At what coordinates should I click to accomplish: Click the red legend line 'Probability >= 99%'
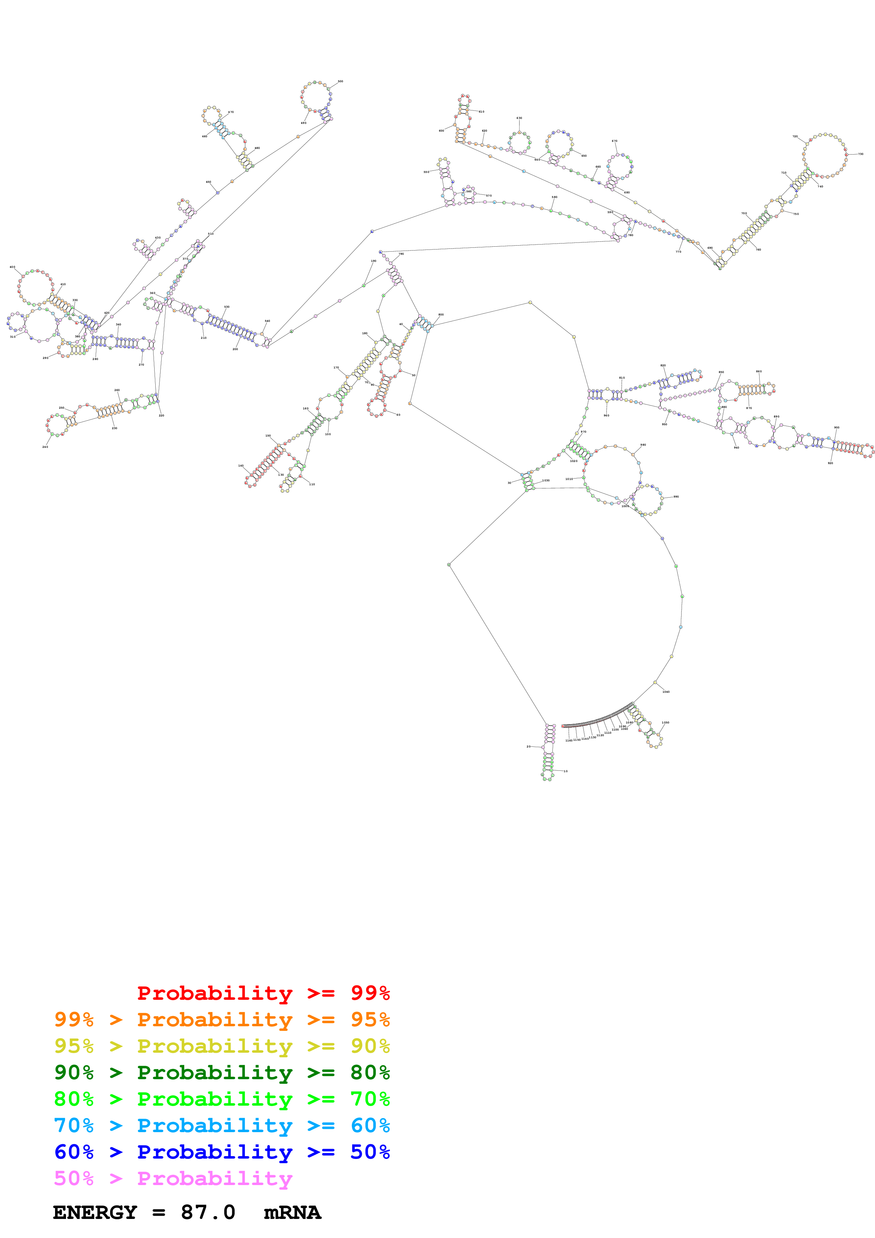(263, 993)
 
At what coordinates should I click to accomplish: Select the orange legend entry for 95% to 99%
(222, 1020)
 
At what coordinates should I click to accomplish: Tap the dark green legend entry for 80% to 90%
(222, 1072)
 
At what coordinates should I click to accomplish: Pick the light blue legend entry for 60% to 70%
(222, 1125)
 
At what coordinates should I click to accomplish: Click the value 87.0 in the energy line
(208, 1213)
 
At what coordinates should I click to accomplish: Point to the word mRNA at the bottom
(292, 1213)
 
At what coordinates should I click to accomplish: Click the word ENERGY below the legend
(95, 1213)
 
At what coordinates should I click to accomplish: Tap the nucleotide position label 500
(340, 82)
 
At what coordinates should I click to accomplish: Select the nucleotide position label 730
(861, 154)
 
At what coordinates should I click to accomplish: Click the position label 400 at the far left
(12, 267)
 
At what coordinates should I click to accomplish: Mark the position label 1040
(666, 692)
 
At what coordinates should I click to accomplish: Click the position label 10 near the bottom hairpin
(565, 771)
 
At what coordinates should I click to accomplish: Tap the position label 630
(519, 118)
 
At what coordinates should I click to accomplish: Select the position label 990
(676, 497)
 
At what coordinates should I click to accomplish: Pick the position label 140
(241, 466)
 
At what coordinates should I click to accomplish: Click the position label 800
(441, 314)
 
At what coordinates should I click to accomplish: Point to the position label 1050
(665, 722)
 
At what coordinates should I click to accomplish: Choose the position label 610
(481, 112)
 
